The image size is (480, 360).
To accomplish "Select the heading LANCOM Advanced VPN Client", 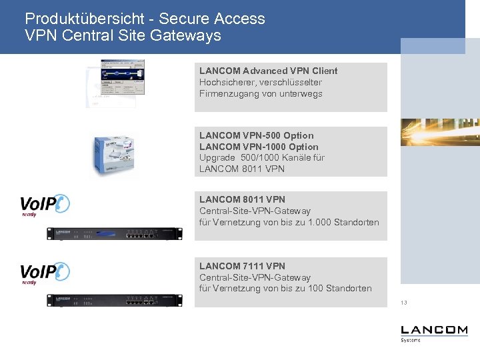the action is pos(268,71).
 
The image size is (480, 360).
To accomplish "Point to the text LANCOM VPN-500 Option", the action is pos(256,135).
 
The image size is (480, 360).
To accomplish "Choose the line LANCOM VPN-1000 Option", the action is pos(259,147).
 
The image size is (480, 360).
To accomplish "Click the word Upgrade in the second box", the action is pos(217,158).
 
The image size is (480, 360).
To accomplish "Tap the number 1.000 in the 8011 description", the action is pos(317,222).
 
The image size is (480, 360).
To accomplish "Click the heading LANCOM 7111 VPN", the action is pos(242,266).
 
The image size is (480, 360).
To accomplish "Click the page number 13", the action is pos(404,303).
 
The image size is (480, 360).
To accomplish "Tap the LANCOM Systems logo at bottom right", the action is pos(434,333).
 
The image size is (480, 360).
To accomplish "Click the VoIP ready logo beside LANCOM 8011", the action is pos(44,205).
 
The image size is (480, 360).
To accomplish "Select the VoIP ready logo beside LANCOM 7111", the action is pos(44,273).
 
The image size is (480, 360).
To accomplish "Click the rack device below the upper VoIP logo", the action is pos(114,233).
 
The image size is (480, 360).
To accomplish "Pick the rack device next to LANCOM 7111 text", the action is pos(114,300).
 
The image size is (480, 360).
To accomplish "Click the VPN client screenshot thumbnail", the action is pos(117,80).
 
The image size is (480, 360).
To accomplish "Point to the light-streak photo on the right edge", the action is pos(440,131).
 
